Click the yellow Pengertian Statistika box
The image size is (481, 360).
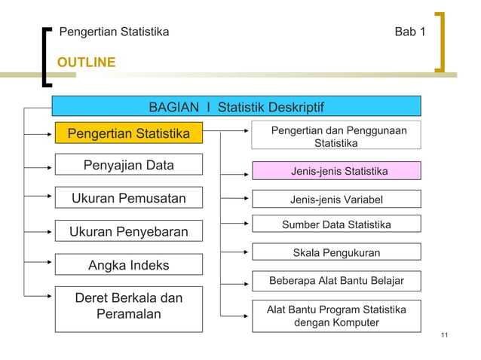tap(128, 134)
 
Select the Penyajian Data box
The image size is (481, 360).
tap(128, 165)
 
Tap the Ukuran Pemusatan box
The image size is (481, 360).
tap(128, 198)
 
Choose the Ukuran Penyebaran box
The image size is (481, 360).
tap(128, 231)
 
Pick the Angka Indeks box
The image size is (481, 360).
tap(128, 264)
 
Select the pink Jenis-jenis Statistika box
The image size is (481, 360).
tap(336, 171)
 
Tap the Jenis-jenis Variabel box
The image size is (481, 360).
tap(336, 199)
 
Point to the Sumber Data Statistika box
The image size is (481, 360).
tap(336, 225)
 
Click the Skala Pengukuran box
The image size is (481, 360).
tap(336, 253)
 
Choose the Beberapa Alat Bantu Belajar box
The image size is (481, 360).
tap(336, 281)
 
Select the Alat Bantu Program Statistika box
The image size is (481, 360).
tap(336, 316)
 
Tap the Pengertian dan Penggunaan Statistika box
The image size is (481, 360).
tap(336, 136)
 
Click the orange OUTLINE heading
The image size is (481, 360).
tap(87, 62)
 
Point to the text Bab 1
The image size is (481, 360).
tap(410, 32)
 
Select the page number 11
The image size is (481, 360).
tap(444, 335)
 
